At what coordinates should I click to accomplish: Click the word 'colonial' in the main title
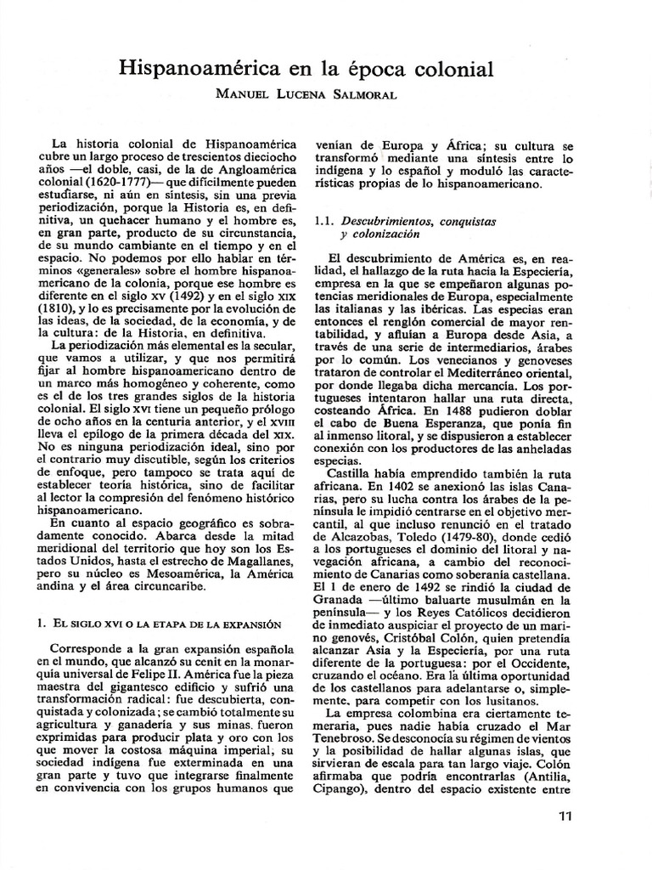coord(444,67)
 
